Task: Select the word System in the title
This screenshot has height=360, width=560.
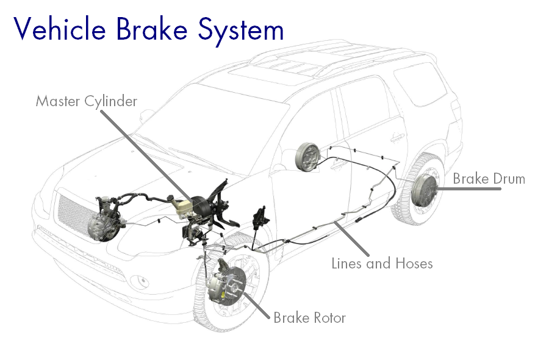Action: [x=242, y=29]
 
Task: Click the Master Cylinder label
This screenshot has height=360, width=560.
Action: [x=86, y=101]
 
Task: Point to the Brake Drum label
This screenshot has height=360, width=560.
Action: [x=489, y=179]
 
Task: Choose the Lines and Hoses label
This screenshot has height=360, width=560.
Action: [x=382, y=264]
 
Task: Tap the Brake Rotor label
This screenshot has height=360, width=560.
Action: [x=309, y=318]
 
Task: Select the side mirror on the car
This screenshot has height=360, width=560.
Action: [x=146, y=115]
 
